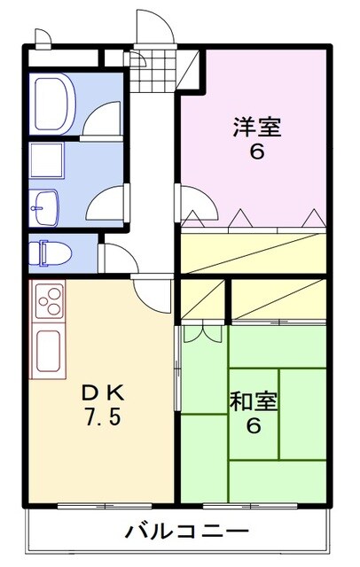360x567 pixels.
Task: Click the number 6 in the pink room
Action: pos(256,152)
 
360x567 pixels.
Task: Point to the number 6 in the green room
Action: pos(254,426)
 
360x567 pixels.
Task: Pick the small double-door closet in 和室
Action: pos(203,333)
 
